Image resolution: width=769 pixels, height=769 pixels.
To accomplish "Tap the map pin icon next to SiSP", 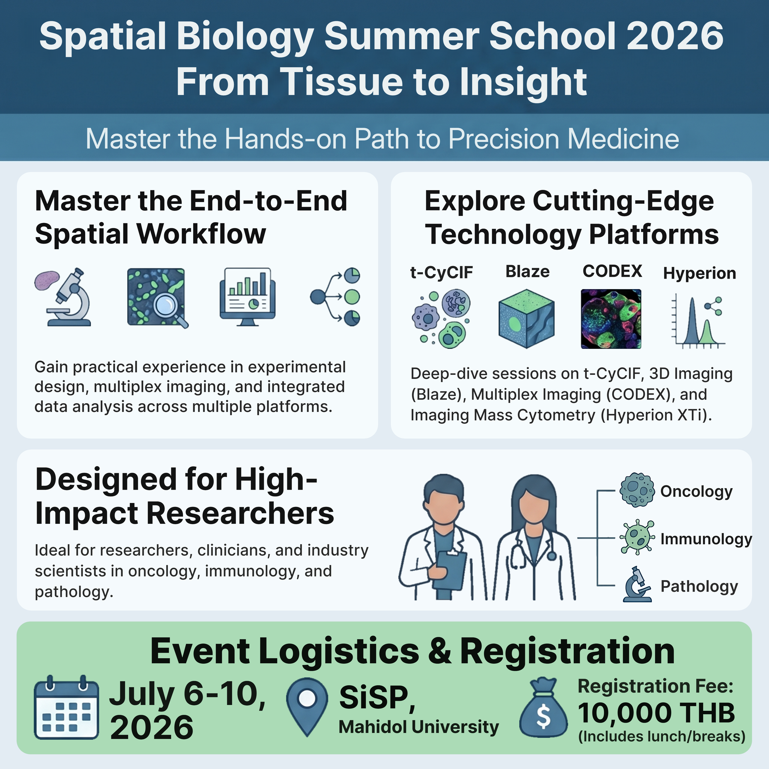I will [x=307, y=704].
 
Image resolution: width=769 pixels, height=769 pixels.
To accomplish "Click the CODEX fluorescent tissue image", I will [x=611, y=319].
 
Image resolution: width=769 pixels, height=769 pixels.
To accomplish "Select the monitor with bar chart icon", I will [x=247, y=296].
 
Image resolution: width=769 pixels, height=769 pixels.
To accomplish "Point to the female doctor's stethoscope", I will [x=517, y=553].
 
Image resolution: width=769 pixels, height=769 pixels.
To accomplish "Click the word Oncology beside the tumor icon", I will [x=696, y=492].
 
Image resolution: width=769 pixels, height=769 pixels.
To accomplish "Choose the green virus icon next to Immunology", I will [x=637, y=537].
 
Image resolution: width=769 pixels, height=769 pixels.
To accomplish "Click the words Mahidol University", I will [x=418, y=727].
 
